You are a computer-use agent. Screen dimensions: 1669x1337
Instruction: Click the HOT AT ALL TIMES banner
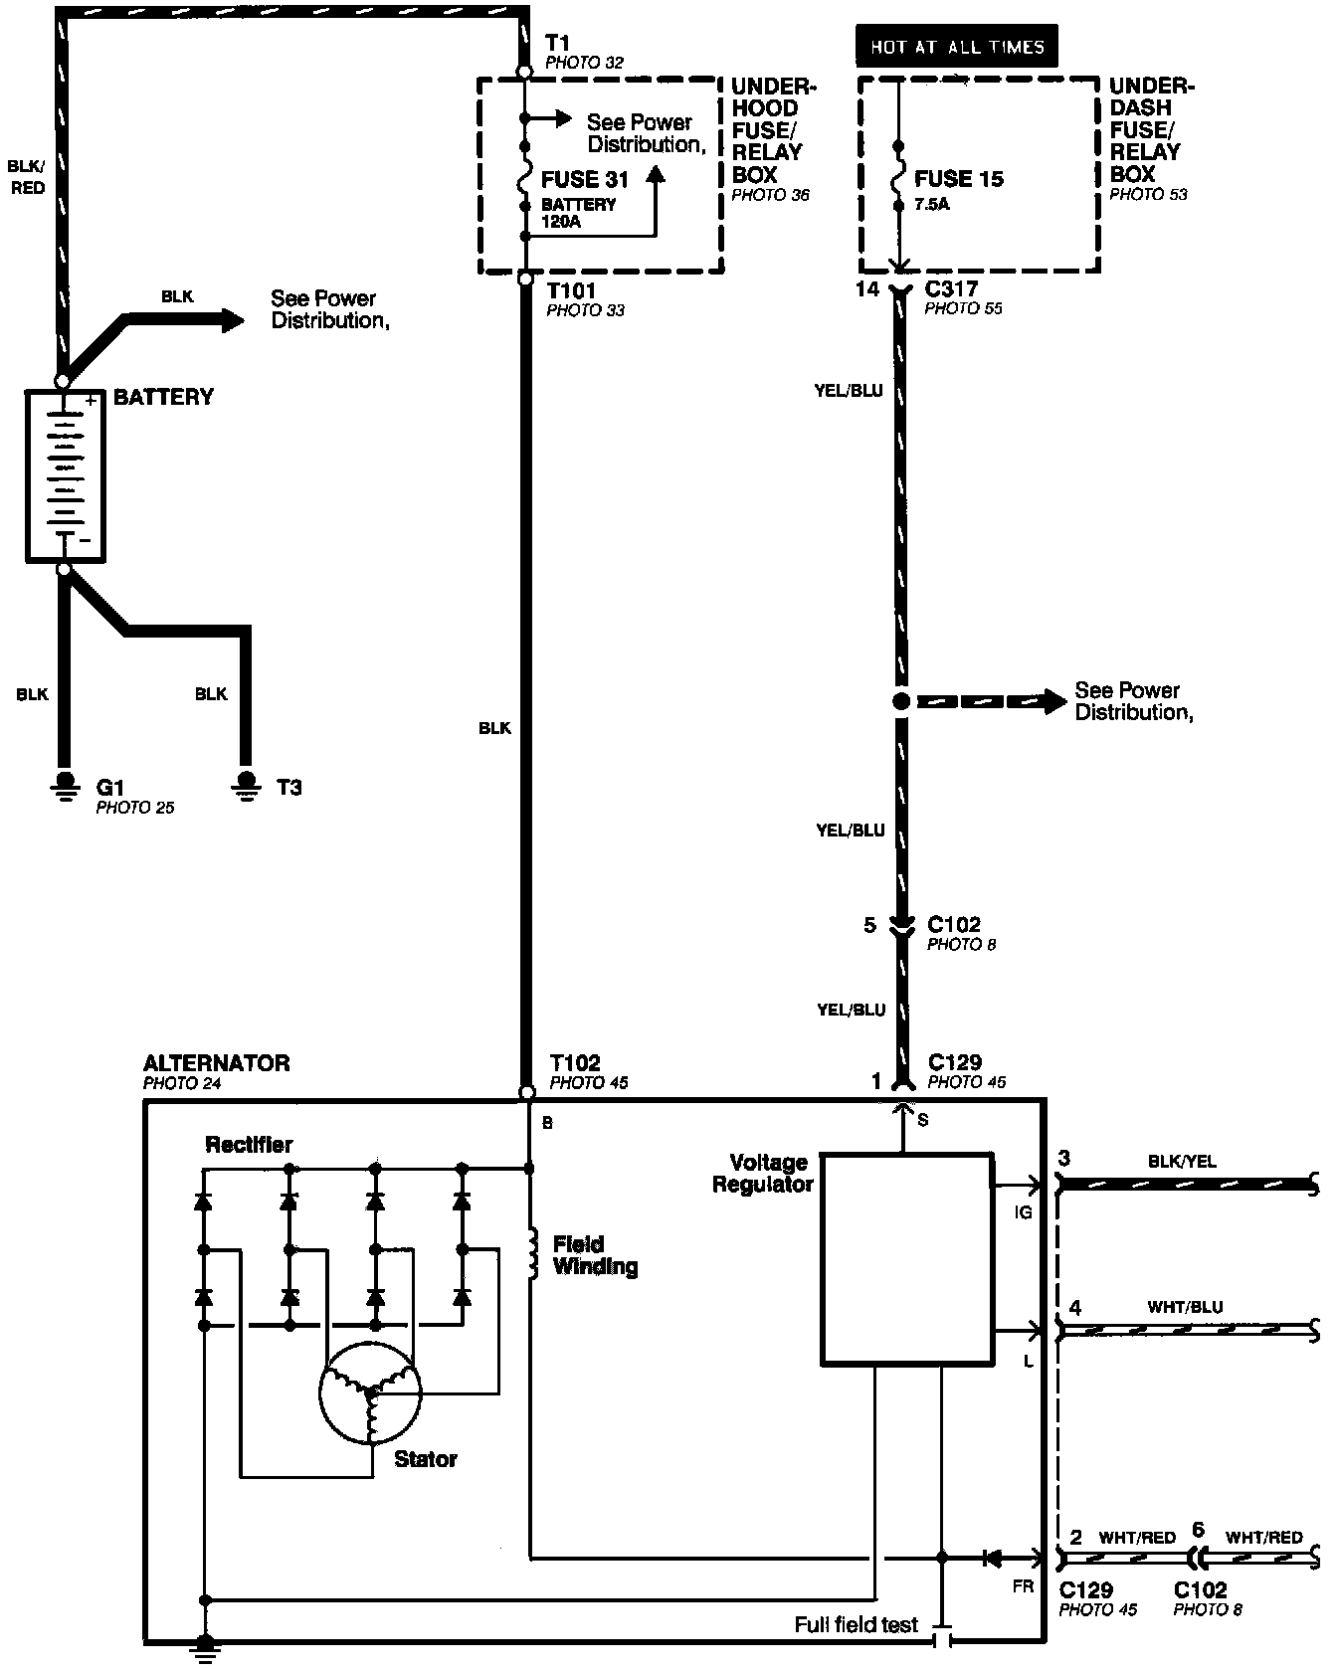point(957,46)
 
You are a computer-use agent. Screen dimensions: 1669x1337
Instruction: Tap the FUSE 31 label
point(585,180)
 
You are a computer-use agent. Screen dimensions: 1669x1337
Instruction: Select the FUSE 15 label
point(959,180)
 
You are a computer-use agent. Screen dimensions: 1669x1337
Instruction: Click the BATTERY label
point(163,397)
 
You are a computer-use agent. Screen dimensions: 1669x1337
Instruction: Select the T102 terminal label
point(575,1064)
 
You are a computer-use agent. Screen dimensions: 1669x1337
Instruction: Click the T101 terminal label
point(570,290)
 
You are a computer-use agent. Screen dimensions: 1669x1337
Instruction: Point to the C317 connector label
point(951,289)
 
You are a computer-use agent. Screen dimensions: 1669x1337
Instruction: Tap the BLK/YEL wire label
point(1182,1161)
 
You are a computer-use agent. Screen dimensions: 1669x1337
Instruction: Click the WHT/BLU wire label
point(1185,1307)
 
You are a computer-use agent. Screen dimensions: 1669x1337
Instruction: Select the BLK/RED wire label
point(28,176)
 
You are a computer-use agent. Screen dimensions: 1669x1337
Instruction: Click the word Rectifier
point(249,1144)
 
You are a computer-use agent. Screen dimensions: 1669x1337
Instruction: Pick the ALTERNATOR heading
point(216,1063)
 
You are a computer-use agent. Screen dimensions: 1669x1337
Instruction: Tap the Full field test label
point(856,1624)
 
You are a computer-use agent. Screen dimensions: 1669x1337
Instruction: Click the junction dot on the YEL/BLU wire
point(900,701)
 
